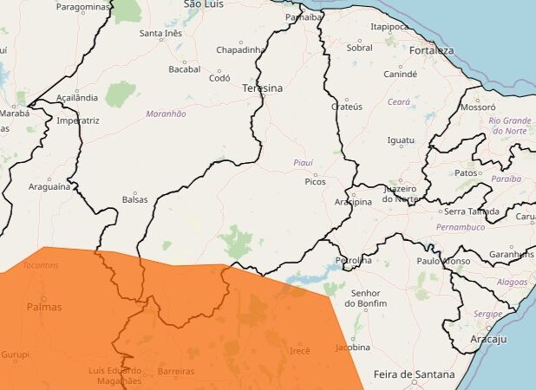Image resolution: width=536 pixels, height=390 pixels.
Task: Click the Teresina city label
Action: [263, 88]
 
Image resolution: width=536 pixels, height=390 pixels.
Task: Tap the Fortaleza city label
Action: [432, 50]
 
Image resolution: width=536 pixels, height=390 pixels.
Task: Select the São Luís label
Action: [204, 4]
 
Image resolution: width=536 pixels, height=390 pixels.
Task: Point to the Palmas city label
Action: [43, 307]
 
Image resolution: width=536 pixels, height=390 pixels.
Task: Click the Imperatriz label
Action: [77, 120]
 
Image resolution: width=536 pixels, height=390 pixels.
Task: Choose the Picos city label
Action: [315, 182]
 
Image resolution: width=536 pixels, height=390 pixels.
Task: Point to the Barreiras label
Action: [176, 371]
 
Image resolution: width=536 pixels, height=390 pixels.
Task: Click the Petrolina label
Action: [354, 260]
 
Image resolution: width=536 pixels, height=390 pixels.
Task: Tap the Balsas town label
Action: [134, 198]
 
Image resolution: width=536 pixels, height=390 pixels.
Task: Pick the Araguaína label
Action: [49, 186]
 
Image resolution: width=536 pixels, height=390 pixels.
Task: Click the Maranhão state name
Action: [166, 114]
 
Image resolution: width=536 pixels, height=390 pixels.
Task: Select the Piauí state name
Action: [303, 162]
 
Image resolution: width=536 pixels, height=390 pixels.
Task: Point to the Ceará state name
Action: [398, 101]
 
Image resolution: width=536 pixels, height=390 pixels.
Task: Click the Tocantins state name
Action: [41, 265]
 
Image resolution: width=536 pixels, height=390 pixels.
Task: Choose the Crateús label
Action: [346, 107]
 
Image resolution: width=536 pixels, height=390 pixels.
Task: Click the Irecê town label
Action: [299, 350]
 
